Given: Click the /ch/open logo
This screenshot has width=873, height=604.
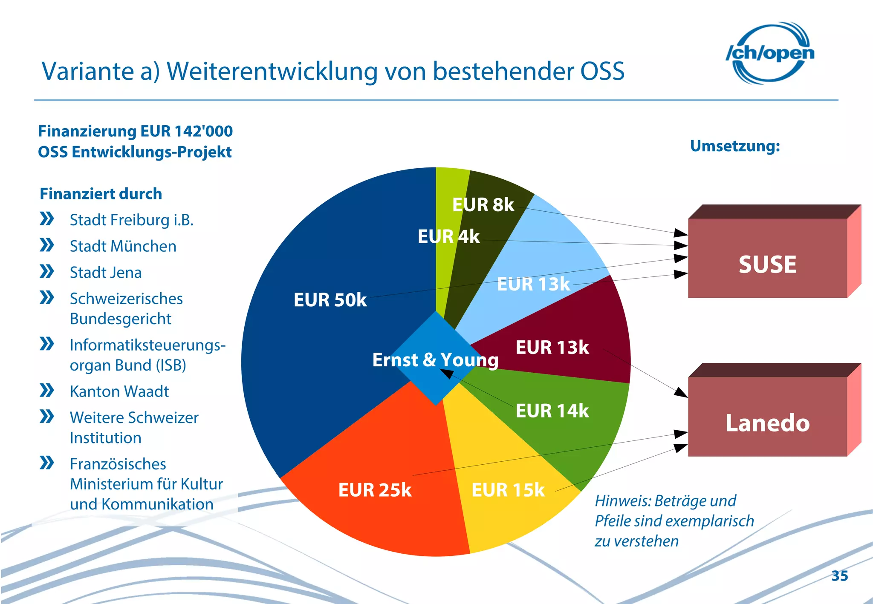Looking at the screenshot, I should click(770, 53).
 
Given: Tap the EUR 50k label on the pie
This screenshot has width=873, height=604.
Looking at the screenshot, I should click(330, 300).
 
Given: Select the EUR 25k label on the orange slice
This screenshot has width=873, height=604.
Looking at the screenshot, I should click(375, 490).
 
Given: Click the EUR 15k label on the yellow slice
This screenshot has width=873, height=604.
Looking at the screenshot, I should click(508, 490).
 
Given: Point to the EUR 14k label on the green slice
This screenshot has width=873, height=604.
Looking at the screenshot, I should click(552, 411).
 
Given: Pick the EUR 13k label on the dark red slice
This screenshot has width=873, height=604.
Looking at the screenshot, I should click(552, 348).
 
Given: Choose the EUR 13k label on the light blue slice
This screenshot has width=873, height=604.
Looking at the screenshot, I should click(533, 284).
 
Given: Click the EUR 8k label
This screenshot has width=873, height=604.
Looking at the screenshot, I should click(483, 205).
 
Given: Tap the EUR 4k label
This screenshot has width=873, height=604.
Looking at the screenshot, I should click(448, 236).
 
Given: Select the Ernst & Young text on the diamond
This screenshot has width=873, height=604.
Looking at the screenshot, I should click(435, 360).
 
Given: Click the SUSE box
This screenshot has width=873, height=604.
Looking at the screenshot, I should click(767, 264).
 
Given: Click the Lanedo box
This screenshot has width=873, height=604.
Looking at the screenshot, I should click(767, 423).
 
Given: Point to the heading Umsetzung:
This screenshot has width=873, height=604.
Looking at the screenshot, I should click(735, 146).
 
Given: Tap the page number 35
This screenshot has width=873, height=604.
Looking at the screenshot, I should click(839, 576).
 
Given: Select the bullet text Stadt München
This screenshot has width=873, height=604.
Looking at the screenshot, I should click(123, 246).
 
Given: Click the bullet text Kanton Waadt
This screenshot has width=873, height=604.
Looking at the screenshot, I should click(119, 391).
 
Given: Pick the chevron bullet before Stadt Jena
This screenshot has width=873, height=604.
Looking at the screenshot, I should click(46, 271).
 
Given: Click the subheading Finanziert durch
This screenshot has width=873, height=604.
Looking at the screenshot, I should click(101, 194).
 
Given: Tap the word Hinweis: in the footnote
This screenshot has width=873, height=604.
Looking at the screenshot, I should click(622, 501).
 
